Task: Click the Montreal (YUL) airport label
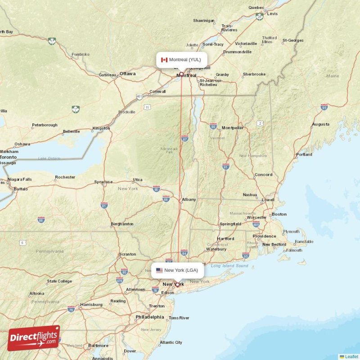[x=182, y=60]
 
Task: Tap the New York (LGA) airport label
[x=177, y=270]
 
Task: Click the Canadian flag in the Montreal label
[x=164, y=60]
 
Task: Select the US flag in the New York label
[x=159, y=270]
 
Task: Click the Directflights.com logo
[x=34, y=338]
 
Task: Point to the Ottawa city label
[x=127, y=73]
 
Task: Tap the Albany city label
[x=189, y=199]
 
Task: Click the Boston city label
[x=279, y=214]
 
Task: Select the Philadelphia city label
[x=150, y=317]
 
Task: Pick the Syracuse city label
[x=103, y=182]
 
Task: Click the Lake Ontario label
[x=49, y=158]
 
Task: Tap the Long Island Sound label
[x=229, y=265]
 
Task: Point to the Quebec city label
[x=256, y=7]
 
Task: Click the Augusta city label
[x=320, y=124]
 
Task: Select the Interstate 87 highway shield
[x=184, y=139]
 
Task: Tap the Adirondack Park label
[x=170, y=150]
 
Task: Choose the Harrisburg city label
[x=91, y=305]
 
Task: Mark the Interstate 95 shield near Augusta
[x=324, y=107]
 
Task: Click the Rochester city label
[x=65, y=177]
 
